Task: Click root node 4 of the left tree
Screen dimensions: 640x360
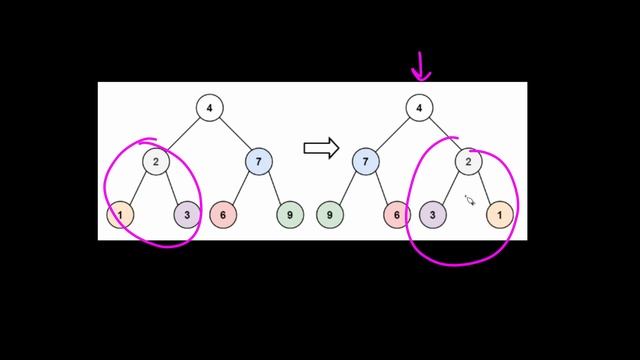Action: [x=209, y=107]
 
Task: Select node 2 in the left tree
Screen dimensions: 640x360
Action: [x=155, y=160]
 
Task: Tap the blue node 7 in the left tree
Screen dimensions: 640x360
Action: [x=258, y=160]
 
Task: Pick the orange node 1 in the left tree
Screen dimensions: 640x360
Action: [x=120, y=213]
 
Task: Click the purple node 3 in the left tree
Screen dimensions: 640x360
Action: [x=187, y=213]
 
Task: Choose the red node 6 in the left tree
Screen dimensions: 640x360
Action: [x=223, y=213]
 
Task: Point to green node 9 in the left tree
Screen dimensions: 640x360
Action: [x=290, y=213]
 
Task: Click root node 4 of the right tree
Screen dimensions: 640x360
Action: [x=420, y=107]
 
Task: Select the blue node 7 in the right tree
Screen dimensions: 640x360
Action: [x=366, y=160]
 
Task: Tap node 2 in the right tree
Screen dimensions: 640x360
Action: [x=469, y=160]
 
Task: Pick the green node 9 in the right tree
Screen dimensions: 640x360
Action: [x=330, y=213]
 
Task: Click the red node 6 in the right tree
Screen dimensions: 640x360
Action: [x=397, y=213]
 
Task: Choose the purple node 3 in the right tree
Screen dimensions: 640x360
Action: [x=432, y=213]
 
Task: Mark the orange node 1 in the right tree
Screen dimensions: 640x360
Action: [x=500, y=213]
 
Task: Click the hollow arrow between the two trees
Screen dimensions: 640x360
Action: [x=321, y=148]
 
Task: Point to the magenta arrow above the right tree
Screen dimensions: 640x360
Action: [x=420, y=68]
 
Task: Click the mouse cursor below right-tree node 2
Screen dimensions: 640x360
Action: [x=470, y=200]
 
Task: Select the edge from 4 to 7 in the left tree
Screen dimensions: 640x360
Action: [x=234, y=134]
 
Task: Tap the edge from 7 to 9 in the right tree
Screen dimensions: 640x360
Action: [x=348, y=187]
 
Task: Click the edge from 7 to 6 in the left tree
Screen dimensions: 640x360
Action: [x=240, y=187]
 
